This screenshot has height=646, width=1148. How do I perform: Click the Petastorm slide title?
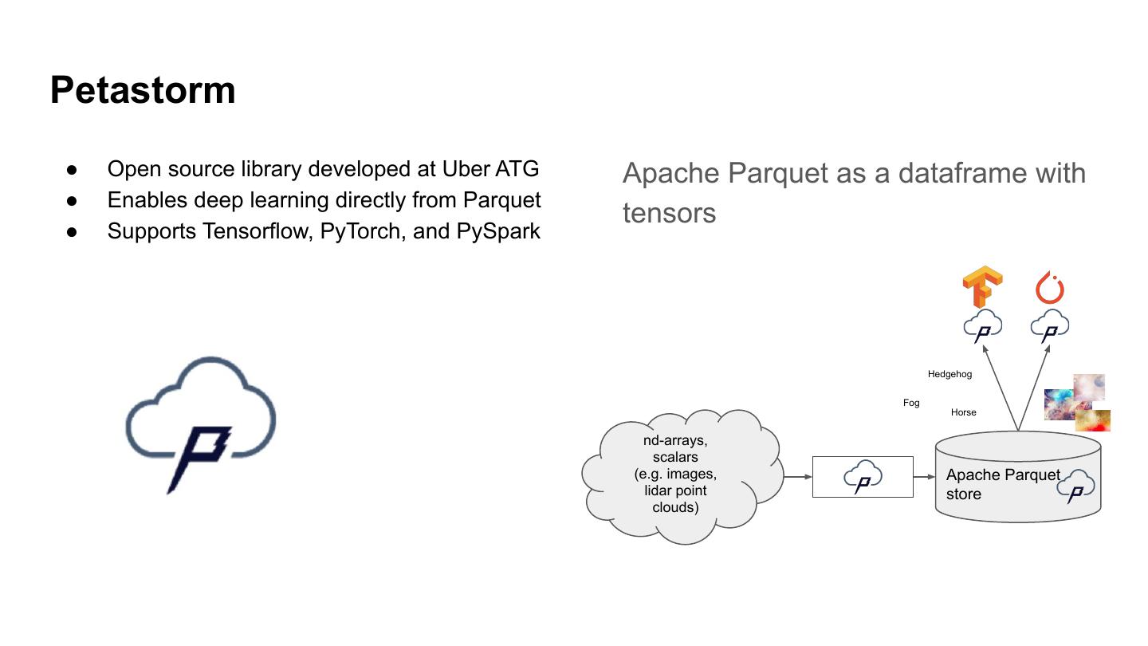pyautogui.click(x=143, y=90)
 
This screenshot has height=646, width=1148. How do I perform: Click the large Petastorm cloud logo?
pyautogui.click(x=201, y=423)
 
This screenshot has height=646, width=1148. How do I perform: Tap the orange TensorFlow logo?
pyautogui.click(x=982, y=289)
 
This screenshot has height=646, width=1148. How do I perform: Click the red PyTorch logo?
pyautogui.click(x=1050, y=288)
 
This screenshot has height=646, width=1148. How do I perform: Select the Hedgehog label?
pyautogui.click(x=949, y=374)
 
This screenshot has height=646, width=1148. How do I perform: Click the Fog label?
pyautogui.click(x=911, y=404)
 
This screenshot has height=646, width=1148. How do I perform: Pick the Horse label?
pyautogui.click(x=963, y=412)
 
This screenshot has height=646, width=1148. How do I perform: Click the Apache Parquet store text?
pyautogui.click(x=1002, y=484)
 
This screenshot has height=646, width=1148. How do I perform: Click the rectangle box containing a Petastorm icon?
pyautogui.click(x=862, y=477)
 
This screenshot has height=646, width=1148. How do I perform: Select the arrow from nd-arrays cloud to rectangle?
pyautogui.click(x=797, y=477)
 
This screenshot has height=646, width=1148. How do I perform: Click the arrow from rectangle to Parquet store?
pyautogui.click(x=924, y=477)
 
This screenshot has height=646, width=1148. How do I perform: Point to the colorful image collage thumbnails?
pyautogui.click(x=1077, y=403)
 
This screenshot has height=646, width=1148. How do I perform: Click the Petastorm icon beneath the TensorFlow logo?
pyautogui.click(x=982, y=327)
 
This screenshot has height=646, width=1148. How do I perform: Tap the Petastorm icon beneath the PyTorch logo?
pyautogui.click(x=1050, y=327)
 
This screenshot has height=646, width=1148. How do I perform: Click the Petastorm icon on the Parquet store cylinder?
pyautogui.click(x=1076, y=486)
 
